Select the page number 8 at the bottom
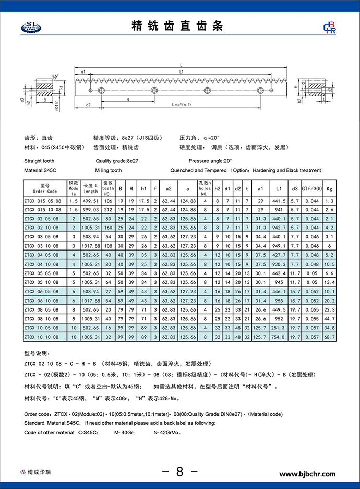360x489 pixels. click(179, 472)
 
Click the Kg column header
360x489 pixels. click(329, 188)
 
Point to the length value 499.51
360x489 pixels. click(90, 201)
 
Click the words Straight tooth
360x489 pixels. click(39, 161)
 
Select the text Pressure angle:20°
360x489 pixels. click(210, 161)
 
